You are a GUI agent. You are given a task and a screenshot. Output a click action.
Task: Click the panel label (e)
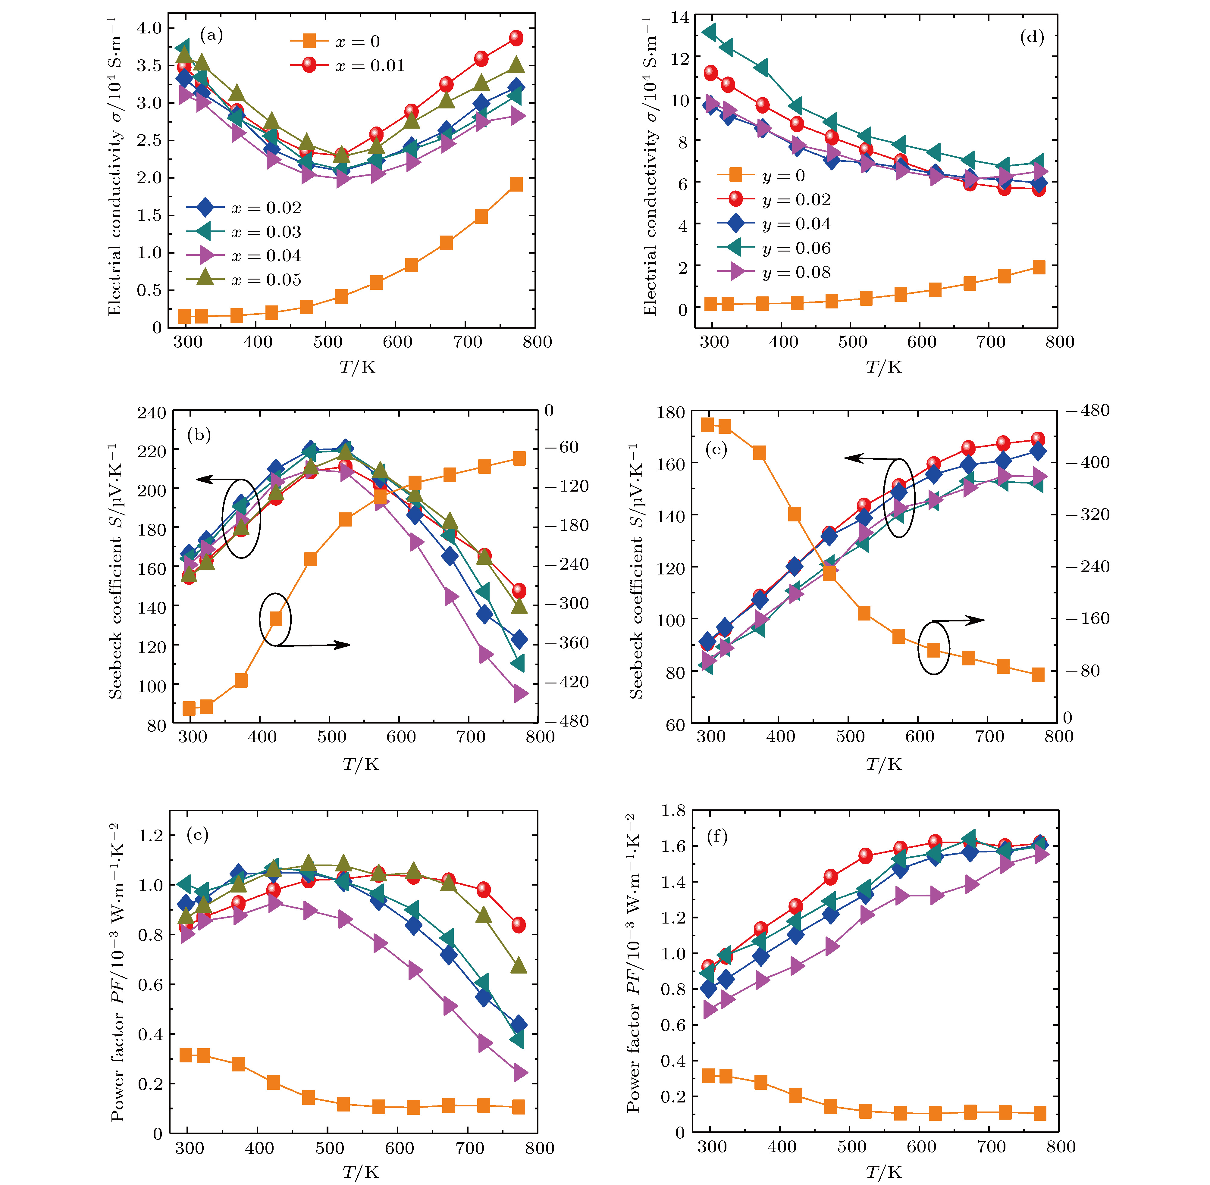point(716,449)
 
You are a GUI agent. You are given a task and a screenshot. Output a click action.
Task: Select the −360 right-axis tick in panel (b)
point(566,642)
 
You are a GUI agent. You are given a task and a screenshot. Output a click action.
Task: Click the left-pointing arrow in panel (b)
point(205,479)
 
